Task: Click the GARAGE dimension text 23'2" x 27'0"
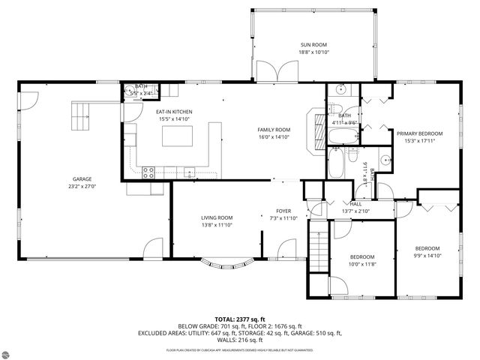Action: pos(82,187)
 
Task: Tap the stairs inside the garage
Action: pos(80,115)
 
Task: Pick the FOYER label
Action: pos(283,211)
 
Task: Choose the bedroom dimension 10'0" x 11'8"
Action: pos(363,264)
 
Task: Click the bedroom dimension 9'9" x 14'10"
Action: pos(427,256)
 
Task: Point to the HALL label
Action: pos(355,204)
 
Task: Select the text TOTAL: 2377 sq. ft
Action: pos(240,319)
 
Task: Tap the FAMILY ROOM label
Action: pos(274,129)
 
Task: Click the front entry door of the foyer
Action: pos(287,250)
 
